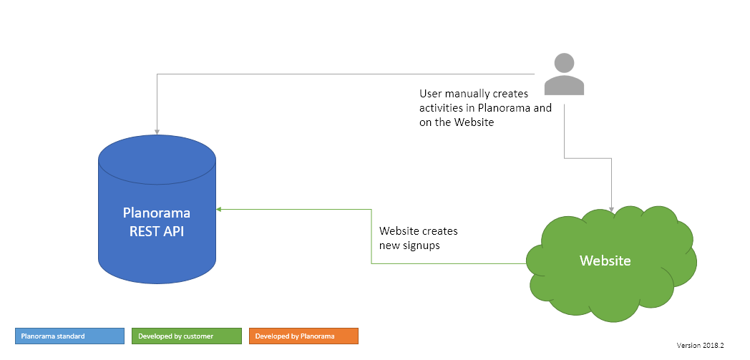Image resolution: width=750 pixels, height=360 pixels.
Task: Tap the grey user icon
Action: tap(564, 75)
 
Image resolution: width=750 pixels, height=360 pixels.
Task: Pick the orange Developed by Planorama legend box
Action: tap(303, 336)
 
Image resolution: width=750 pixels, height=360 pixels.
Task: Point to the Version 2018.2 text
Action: tap(701, 345)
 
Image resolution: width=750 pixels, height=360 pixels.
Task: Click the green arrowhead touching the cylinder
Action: tap(220, 209)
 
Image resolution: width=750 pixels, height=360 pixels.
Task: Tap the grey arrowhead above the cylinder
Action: tap(157, 130)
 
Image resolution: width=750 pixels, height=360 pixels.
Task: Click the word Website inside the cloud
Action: tap(605, 261)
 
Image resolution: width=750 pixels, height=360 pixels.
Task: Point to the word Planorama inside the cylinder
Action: tap(157, 213)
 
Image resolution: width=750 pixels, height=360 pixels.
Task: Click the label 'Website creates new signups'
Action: tap(418, 238)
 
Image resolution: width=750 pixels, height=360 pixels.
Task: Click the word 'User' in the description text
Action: tap(431, 94)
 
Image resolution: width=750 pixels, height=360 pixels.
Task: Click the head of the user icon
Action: tap(564, 63)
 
